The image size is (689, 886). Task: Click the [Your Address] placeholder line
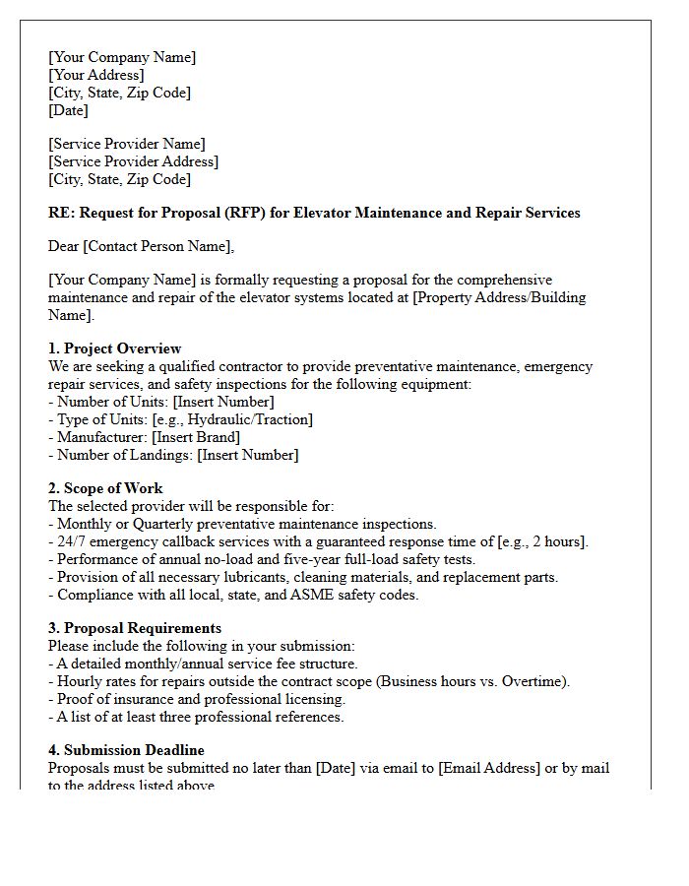pyautogui.click(x=96, y=75)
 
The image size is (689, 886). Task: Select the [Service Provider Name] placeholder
pyautogui.click(x=127, y=144)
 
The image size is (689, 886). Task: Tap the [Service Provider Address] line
pyautogui.click(x=133, y=161)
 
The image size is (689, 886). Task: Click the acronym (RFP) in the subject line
pyautogui.click(x=251, y=213)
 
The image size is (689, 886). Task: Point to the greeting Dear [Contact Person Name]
pyautogui.click(x=142, y=246)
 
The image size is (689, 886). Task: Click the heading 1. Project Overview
pyautogui.click(x=114, y=348)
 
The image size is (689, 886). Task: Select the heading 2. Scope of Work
pyautogui.click(x=105, y=488)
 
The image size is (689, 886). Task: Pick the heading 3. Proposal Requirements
pyautogui.click(x=135, y=628)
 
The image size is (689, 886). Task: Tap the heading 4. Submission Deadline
pyautogui.click(x=126, y=750)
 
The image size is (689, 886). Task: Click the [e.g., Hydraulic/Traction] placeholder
pyautogui.click(x=232, y=419)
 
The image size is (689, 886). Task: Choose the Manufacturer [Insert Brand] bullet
pyautogui.click(x=144, y=437)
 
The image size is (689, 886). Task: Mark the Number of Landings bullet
pyautogui.click(x=173, y=455)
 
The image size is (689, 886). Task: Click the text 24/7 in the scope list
pyautogui.click(x=73, y=541)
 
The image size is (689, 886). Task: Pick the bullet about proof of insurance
pyautogui.click(x=197, y=699)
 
